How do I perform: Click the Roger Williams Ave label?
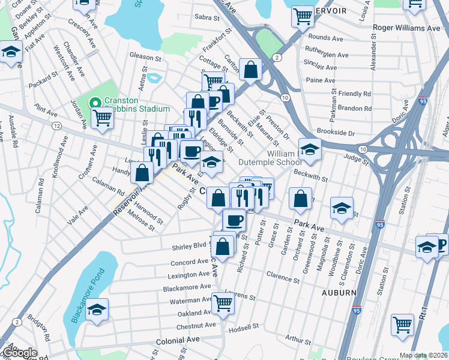click(406, 28)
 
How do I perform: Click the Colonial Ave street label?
click(177, 339)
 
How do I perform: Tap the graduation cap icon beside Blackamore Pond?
click(96, 310)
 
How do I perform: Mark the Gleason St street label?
click(147, 56)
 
